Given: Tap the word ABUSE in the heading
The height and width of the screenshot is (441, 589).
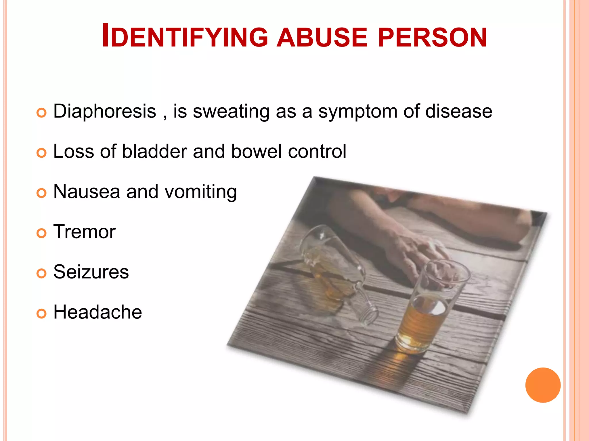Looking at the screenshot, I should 322,37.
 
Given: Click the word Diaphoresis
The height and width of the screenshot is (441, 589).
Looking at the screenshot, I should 105,111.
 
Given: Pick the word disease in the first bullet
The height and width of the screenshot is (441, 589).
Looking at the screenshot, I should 458,111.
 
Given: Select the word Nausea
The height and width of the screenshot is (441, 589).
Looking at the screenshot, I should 87,192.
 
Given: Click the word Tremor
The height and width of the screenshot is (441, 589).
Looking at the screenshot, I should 85,232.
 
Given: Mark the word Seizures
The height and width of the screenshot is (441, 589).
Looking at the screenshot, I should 91,272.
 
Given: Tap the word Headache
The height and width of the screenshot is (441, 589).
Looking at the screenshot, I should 98,312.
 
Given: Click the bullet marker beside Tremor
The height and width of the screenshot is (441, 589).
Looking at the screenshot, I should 41,233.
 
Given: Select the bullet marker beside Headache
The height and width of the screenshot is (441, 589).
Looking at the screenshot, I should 41,313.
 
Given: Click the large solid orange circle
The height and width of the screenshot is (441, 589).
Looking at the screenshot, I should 543,385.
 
